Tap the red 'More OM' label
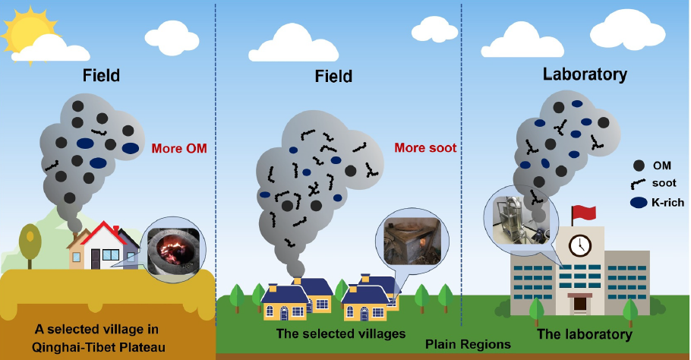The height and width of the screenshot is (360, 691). pyautogui.click(x=178, y=148)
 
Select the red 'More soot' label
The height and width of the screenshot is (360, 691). pyautogui.click(x=425, y=147)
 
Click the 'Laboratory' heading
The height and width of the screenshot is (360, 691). pyautogui.click(x=585, y=74)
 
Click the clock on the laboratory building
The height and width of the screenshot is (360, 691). pyautogui.click(x=580, y=245)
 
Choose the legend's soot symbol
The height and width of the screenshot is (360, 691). pyautogui.click(x=639, y=184)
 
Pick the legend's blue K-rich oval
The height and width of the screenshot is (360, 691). pyautogui.click(x=639, y=202)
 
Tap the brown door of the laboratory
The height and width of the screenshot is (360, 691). pyautogui.click(x=579, y=303)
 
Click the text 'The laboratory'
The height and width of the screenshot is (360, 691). pyautogui.click(x=584, y=333)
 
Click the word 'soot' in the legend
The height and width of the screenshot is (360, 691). pyautogui.click(x=664, y=183)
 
